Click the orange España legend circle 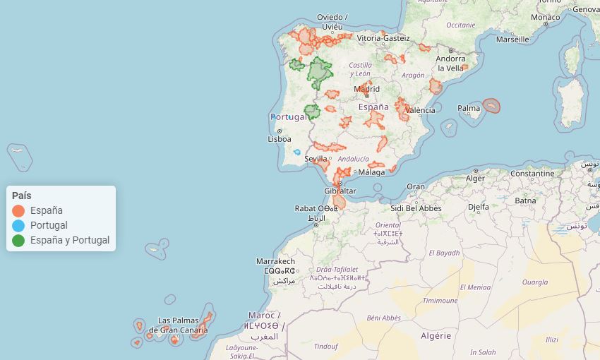[x=18, y=210]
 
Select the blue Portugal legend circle [x=18, y=225]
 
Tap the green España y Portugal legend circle [x=18, y=240]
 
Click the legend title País [x=21, y=196]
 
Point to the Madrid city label [x=367, y=89]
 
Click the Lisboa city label [x=280, y=139]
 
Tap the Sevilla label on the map [x=316, y=159]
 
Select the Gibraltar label [x=340, y=191]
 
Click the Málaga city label [x=372, y=172]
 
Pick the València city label [x=421, y=110]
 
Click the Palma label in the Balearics [x=469, y=108]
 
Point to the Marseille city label [x=513, y=40]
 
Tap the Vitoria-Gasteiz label [x=383, y=37]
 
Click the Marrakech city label [x=275, y=261]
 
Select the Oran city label [x=416, y=186]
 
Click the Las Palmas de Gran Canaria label [x=178, y=325]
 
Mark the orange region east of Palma [x=491, y=106]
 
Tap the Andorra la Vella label [x=451, y=64]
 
